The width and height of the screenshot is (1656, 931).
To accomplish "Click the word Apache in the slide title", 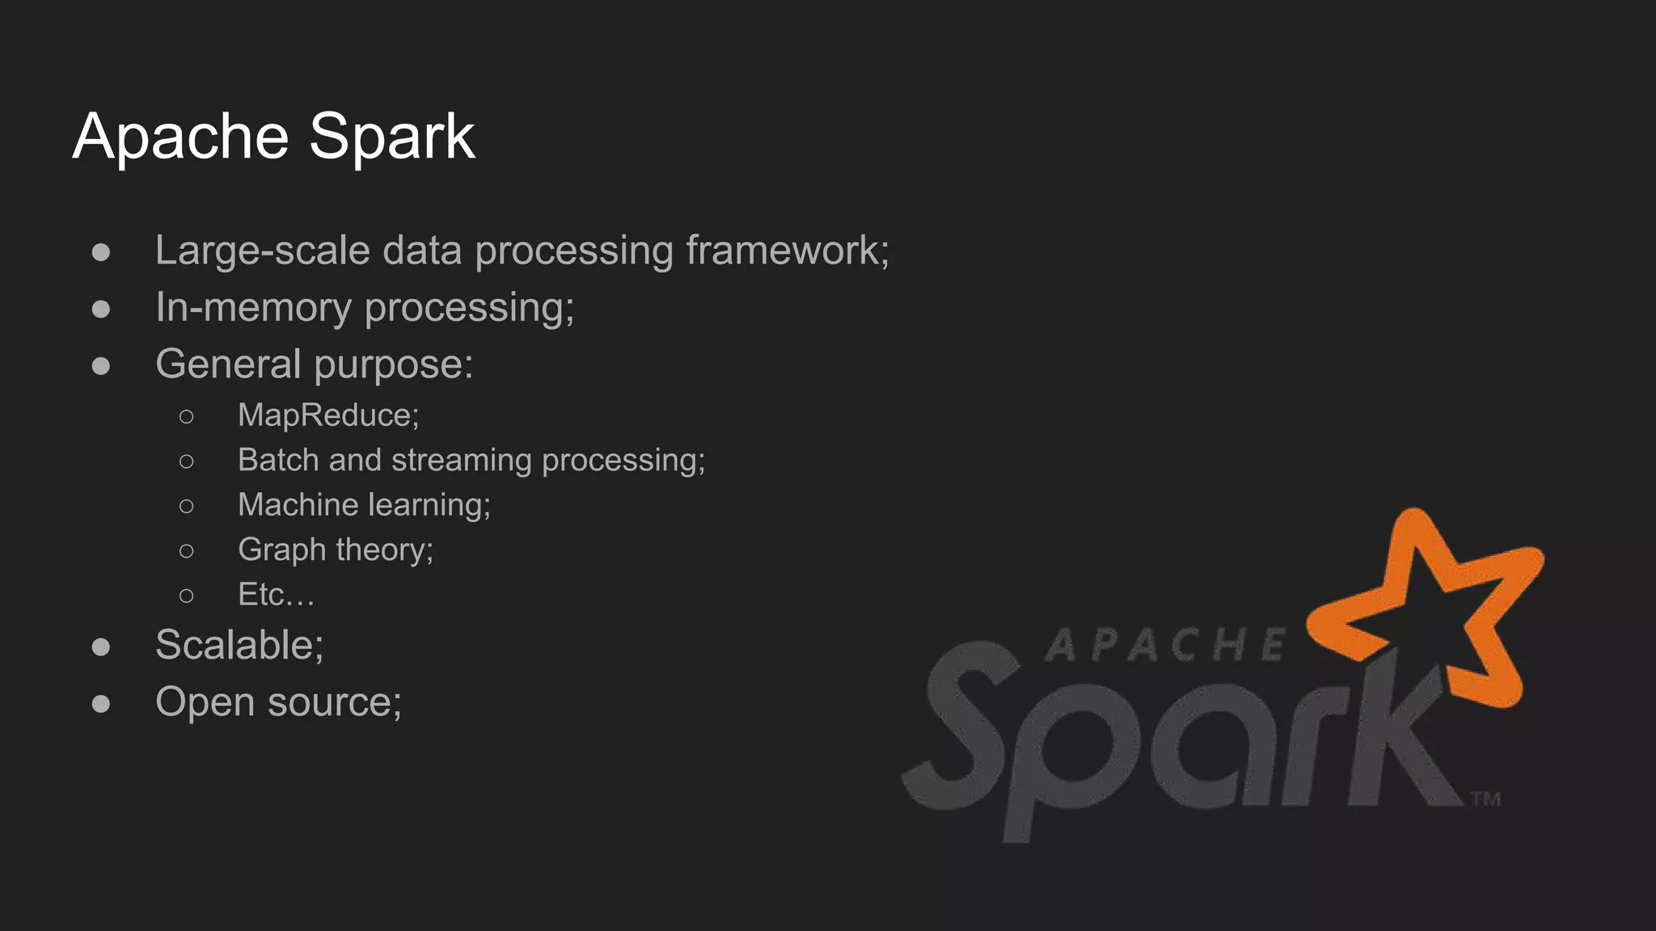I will click(x=180, y=137).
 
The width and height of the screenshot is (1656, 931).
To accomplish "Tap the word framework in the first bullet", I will click(x=787, y=251).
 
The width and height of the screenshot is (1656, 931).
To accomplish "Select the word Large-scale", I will click(x=262, y=251).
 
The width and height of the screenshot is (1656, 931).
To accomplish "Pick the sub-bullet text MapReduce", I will click(x=327, y=415).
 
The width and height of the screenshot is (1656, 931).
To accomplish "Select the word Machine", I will click(x=298, y=505).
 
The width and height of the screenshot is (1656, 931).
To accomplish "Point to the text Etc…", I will click(x=275, y=595).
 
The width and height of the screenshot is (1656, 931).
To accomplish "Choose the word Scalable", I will click(x=239, y=645).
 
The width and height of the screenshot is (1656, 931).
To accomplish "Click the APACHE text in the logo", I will click(x=1164, y=645).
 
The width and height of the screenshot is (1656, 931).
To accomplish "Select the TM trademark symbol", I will click(x=1485, y=799).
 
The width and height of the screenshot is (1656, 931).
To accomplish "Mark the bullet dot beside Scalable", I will click(x=101, y=647).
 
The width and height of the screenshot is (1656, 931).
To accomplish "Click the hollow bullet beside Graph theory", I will click(x=187, y=551).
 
